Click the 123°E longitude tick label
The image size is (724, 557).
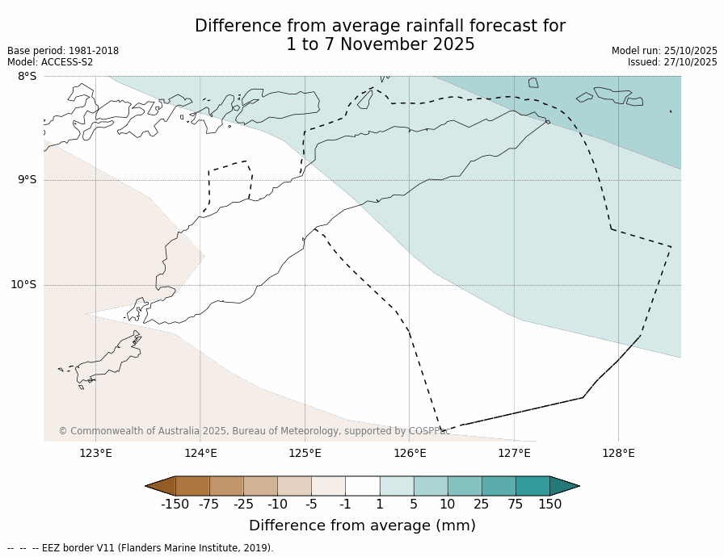pyautogui.click(x=95, y=453)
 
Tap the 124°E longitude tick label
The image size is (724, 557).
pyautogui.click(x=200, y=453)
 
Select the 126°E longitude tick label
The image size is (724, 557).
pyautogui.click(x=410, y=453)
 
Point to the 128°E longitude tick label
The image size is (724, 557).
pyautogui.click(x=618, y=453)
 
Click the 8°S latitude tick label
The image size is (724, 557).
pyautogui.click(x=27, y=77)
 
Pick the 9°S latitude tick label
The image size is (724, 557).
pyautogui.click(x=27, y=180)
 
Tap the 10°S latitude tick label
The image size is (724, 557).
pyautogui.click(x=23, y=284)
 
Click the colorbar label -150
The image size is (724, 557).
pyautogui.click(x=175, y=505)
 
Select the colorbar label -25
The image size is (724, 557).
pyautogui.click(x=243, y=505)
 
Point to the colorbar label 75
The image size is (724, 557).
pyautogui.click(x=516, y=505)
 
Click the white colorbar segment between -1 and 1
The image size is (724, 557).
pyautogui.click(x=362, y=486)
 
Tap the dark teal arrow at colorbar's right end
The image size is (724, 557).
pyautogui.click(x=564, y=486)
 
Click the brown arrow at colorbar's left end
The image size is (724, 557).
pyautogui.click(x=160, y=486)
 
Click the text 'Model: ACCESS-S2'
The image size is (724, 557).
pyautogui.click(x=50, y=62)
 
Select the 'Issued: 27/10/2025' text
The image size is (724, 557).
pyautogui.click(x=672, y=62)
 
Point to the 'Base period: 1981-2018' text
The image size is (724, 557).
pyautogui.click(x=63, y=51)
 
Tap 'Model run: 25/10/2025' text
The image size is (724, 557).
pyautogui.click(x=664, y=51)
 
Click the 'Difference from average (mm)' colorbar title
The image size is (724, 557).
pyautogui.click(x=362, y=526)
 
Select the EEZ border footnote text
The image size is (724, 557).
pyautogui.click(x=141, y=548)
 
